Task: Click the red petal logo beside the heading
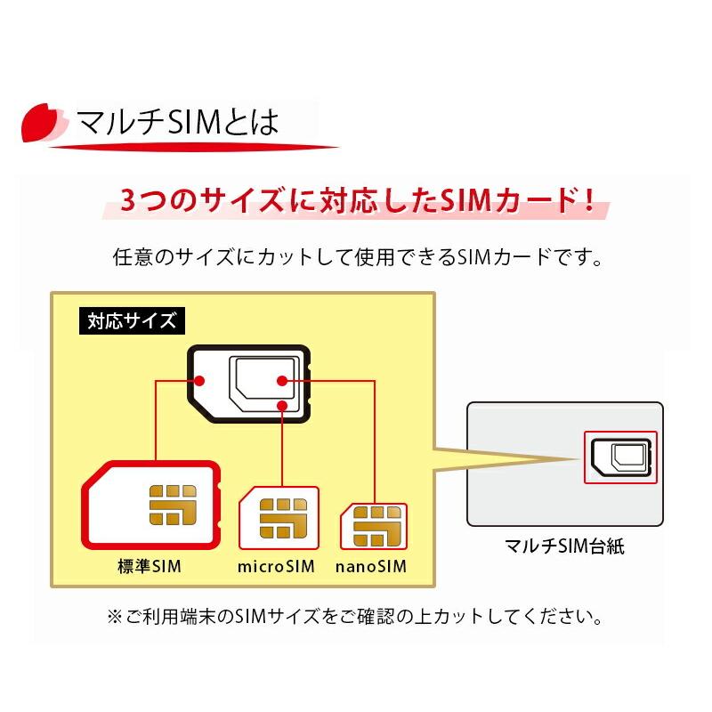pos(41,123)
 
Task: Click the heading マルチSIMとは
pos(177,122)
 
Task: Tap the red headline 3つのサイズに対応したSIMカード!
pos(357,200)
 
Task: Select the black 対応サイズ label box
pos(132,321)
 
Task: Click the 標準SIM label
pos(150,566)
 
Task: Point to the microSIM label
pos(276,566)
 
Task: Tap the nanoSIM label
pos(371,566)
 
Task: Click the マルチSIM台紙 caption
pos(564,546)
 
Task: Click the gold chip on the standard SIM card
pos(173,505)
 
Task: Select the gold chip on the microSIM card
pos(283,518)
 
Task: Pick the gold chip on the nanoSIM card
pos(377,526)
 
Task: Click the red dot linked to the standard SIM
pos(198,381)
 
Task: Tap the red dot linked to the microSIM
pos(282,405)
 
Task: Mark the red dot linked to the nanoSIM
pos(282,381)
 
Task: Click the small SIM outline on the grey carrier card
pos(621,457)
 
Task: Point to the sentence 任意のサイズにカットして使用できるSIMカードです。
pos(358,257)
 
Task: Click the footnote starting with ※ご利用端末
pos(354,616)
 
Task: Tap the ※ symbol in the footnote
pos(115,617)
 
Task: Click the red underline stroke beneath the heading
pos(194,147)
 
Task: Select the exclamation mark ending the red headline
pos(590,199)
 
